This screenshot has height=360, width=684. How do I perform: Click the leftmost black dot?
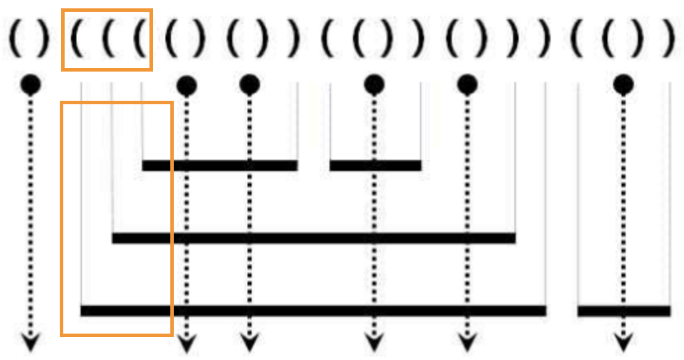click(31, 85)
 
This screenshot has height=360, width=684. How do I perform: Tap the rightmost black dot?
click(624, 85)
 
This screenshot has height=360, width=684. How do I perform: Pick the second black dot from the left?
click(186, 85)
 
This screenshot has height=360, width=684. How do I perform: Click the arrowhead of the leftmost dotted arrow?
click(31, 342)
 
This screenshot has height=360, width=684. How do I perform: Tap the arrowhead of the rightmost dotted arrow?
click(624, 342)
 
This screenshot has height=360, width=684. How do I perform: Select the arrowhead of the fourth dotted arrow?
click(374, 342)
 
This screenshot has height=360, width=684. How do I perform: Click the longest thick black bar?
click(313, 311)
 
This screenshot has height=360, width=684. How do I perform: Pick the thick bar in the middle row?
click(313, 238)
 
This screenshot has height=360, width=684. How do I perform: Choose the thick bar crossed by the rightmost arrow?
click(624, 311)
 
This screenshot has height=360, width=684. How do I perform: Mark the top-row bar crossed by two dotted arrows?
click(220, 165)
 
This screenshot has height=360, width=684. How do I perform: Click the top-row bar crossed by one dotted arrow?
click(375, 165)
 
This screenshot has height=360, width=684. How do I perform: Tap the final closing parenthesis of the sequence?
click(669, 40)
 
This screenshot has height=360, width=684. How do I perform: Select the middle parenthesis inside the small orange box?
click(108, 40)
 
